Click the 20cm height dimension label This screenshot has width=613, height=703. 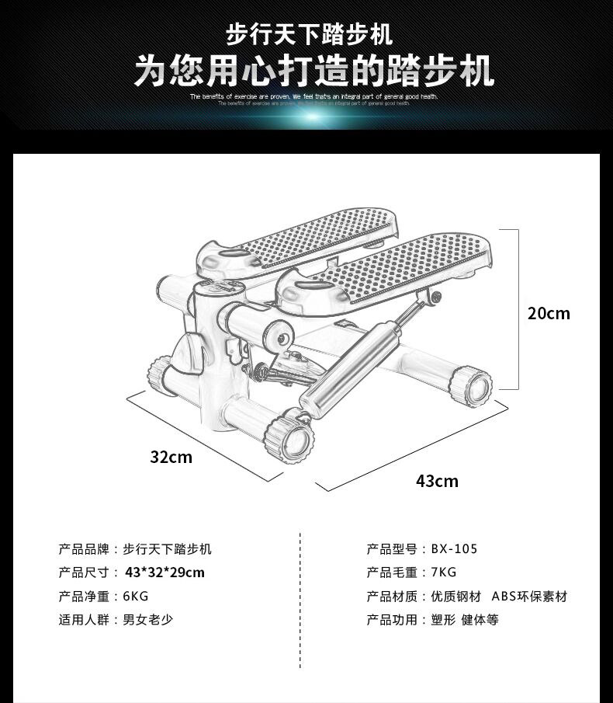tap(549, 313)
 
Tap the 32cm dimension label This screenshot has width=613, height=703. tap(171, 457)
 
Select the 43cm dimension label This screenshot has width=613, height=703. tap(437, 481)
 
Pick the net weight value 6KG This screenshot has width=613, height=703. tap(135, 597)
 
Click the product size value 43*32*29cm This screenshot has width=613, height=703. tap(165, 572)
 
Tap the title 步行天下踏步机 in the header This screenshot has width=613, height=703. tap(309, 35)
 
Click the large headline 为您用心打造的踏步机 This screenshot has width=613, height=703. tap(313, 71)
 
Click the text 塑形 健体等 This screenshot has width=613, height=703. tap(464, 620)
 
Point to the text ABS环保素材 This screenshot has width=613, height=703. tap(529, 597)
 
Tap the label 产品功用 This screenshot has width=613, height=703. tap(392, 620)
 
